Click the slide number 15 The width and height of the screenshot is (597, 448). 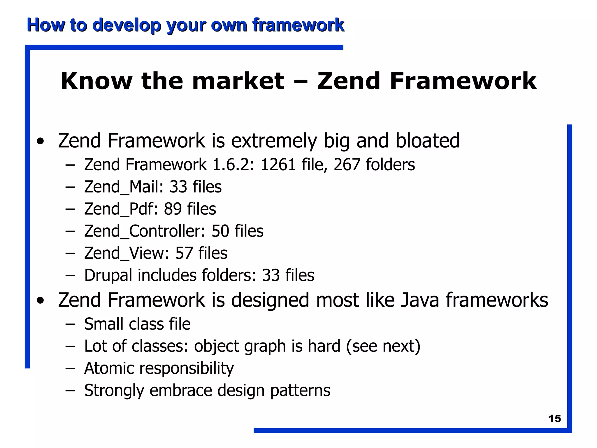coord(554,419)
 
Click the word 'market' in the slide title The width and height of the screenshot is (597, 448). coord(238,81)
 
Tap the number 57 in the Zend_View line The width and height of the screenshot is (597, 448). coord(184,253)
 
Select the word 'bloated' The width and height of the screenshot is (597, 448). coord(427,141)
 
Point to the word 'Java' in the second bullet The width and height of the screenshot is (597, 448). coord(420,300)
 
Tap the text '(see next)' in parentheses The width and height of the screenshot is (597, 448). coord(383,346)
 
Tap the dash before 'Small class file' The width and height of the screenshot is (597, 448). coord(70,324)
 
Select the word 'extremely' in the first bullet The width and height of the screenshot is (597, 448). coord(274,141)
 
